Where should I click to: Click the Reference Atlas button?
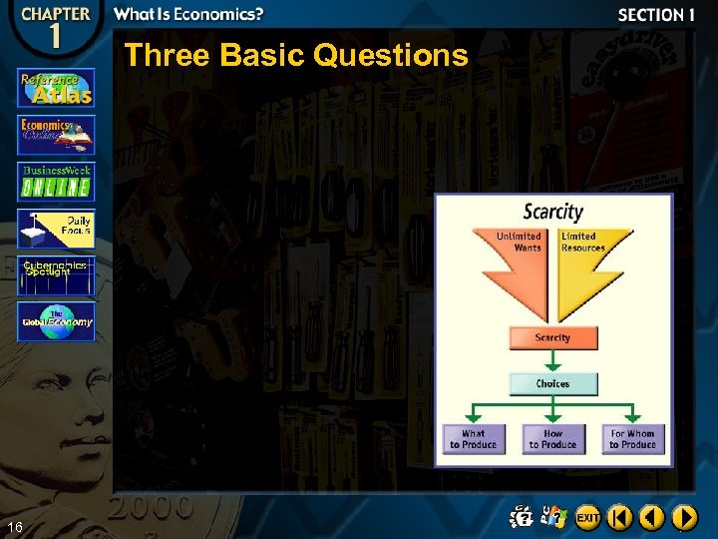pyautogui.click(x=56, y=87)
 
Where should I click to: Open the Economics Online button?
pyautogui.click(x=56, y=135)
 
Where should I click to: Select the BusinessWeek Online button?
pyautogui.click(x=56, y=182)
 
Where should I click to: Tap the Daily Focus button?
pyautogui.click(x=56, y=229)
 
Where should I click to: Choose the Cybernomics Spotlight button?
pyautogui.click(x=56, y=275)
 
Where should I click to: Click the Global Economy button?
pyautogui.click(x=56, y=321)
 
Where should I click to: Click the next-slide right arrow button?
pyautogui.click(x=684, y=517)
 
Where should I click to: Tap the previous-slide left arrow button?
pyautogui.click(x=652, y=517)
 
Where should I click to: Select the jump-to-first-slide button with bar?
pyautogui.click(x=620, y=517)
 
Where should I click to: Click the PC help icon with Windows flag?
pyautogui.click(x=552, y=517)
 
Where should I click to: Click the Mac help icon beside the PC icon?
pyautogui.click(x=522, y=517)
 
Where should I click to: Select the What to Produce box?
pyautogui.click(x=474, y=439)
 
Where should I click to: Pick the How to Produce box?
pyautogui.click(x=552, y=439)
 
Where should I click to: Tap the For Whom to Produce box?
pyautogui.click(x=632, y=439)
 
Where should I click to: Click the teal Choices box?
pyautogui.click(x=552, y=383)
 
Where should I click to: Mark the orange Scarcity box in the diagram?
pyautogui.click(x=552, y=337)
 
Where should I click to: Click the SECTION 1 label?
pyautogui.click(x=656, y=15)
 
